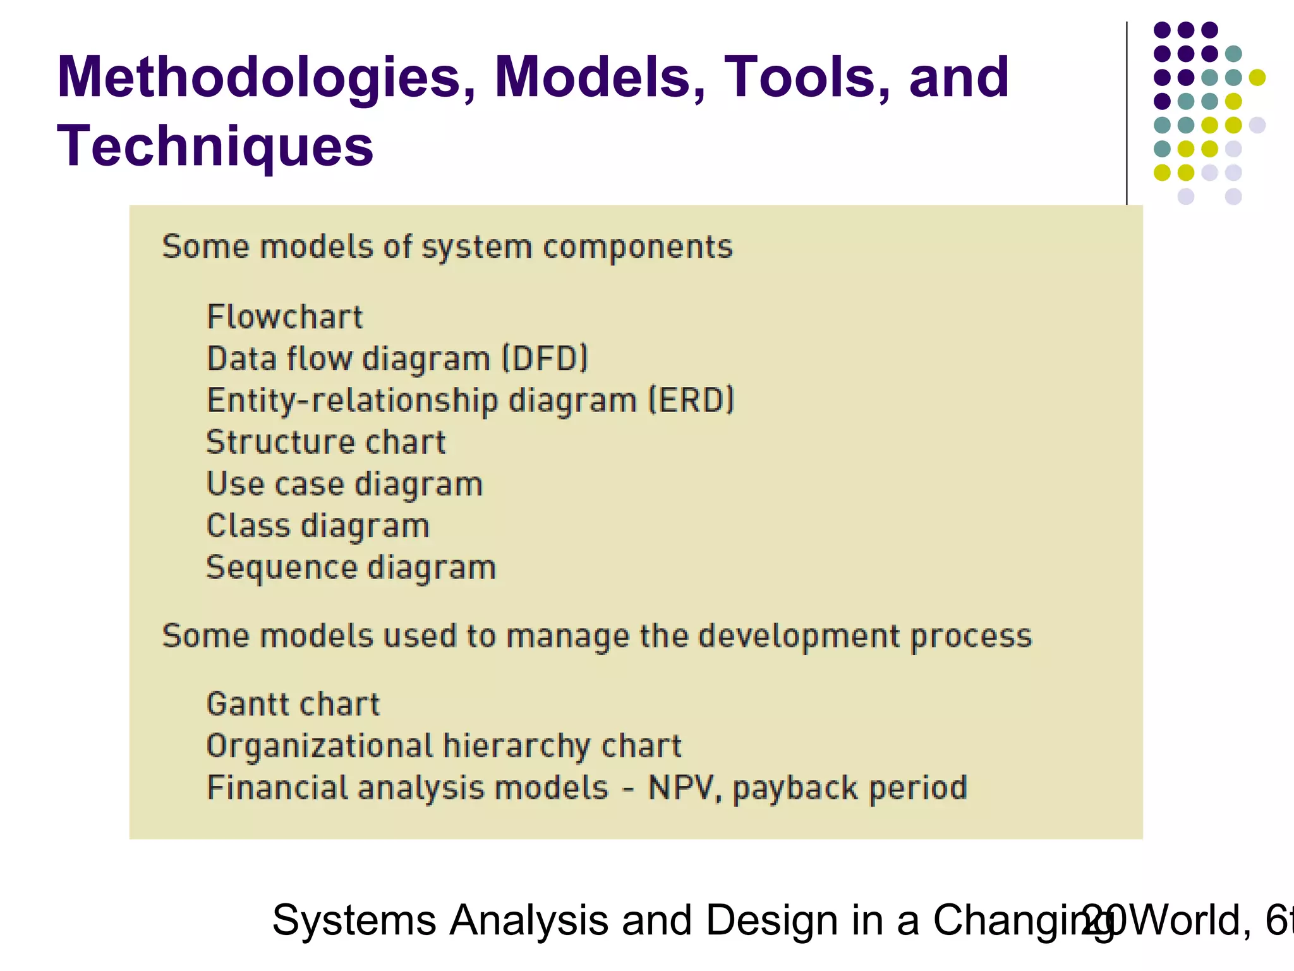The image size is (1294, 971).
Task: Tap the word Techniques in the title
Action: point(215,147)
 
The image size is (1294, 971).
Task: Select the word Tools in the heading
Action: point(806,78)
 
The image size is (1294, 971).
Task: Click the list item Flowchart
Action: point(285,317)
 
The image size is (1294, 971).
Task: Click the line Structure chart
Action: point(326,442)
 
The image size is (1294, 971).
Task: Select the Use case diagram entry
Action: point(344,484)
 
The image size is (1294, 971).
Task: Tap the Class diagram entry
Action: point(318,526)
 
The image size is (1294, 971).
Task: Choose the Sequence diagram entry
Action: point(351,568)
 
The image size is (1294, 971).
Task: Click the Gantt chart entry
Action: point(293,704)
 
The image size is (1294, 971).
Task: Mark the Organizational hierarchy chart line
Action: point(444,746)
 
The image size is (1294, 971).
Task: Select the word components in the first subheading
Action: point(638,247)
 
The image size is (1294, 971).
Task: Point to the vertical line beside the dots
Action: point(1127,114)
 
